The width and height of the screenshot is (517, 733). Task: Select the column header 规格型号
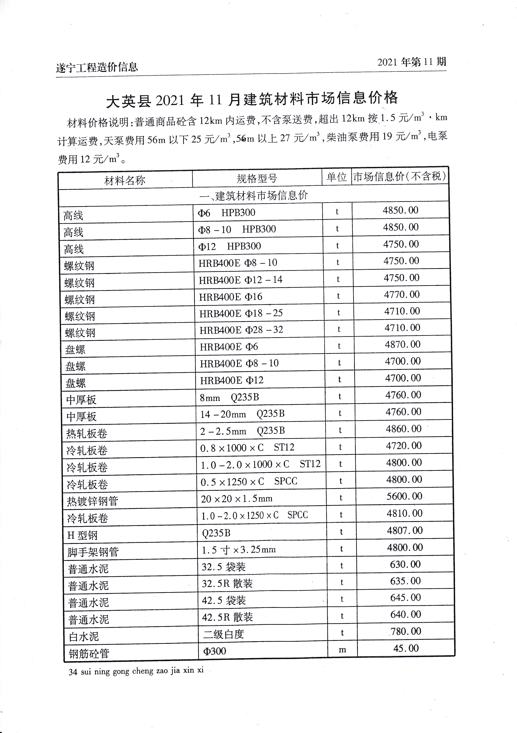click(257, 178)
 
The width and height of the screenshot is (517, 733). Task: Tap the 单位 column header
click(337, 177)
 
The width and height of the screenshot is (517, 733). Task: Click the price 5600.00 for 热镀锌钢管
click(404, 496)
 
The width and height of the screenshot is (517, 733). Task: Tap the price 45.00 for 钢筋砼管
click(406, 648)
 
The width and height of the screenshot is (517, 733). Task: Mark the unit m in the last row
click(342, 650)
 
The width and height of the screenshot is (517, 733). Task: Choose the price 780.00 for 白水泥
click(406, 631)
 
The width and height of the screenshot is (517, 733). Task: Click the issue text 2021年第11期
click(412, 62)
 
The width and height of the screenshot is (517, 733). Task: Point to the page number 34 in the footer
click(73, 672)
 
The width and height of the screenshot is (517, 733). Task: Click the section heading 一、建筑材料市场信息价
click(253, 195)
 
